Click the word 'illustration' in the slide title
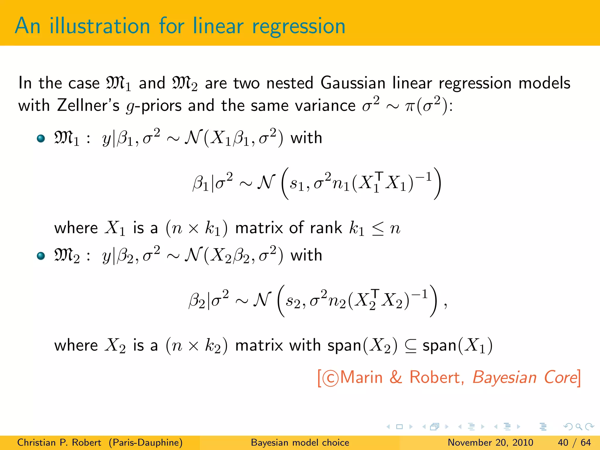[x=100, y=26]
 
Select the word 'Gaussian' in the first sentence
[x=353, y=83]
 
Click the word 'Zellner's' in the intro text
[x=88, y=105]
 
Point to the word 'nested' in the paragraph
[x=290, y=83]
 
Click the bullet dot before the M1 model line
[x=41, y=138]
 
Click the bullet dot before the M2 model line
[x=41, y=256]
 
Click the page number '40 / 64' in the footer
[x=574, y=442]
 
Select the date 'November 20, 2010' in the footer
[x=490, y=442]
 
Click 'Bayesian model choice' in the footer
[x=300, y=442]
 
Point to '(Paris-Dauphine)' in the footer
[x=146, y=442]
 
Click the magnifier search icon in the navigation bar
[x=579, y=427]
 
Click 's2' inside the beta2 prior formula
[x=293, y=302]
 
